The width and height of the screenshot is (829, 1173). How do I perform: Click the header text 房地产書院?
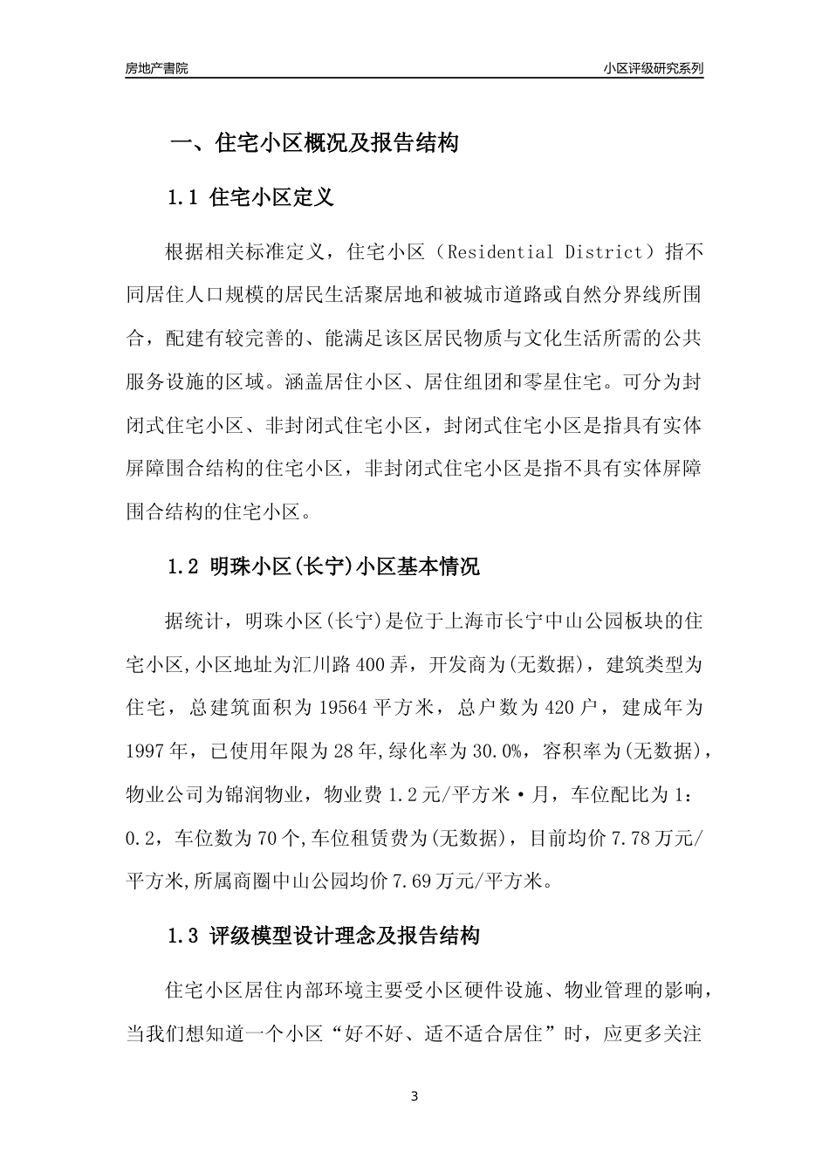click(x=156, y=68)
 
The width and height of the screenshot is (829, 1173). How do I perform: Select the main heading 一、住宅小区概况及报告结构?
click(x=314, y=143)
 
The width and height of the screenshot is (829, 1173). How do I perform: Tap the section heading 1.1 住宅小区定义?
click(x=250, y=198)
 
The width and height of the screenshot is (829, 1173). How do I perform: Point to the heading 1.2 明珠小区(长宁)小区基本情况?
click(x=324, y=567)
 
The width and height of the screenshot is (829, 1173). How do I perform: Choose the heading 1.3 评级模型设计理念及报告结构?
click(x=324, y=937)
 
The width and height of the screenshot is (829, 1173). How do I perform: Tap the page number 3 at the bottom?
click(x=414, y=1096)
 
